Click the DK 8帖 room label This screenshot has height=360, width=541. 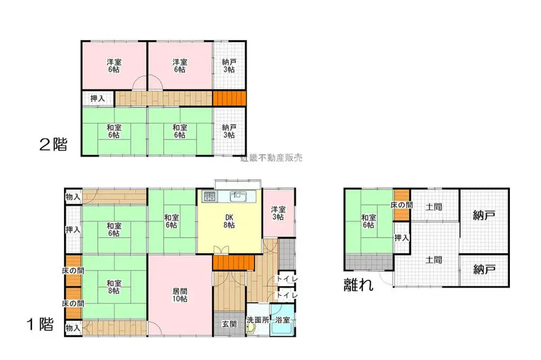coord(229,221)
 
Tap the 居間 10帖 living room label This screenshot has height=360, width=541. coord(180,295)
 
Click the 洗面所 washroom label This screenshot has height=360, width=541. coord(258,320)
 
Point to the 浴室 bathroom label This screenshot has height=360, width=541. coord(283,320)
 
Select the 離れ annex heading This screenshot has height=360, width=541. coord(359,285)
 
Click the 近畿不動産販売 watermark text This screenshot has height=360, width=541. coord(271,157)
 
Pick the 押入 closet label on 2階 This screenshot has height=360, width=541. coord(98,98)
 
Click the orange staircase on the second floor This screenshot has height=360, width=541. coord(229,98)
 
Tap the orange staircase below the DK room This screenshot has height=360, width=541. coord(233,262)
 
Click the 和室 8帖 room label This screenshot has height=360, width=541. coord(114,286)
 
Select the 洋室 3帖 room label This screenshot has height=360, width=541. coord(278,213)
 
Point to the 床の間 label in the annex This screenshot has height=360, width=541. coord(402,204)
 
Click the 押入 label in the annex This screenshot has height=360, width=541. coord(402,238)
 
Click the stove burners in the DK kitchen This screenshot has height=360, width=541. coord(209,196)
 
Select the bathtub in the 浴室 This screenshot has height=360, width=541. coord(283,328)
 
